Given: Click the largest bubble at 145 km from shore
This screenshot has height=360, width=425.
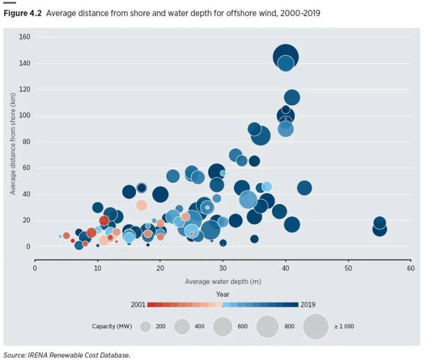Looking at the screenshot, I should pyautogui.click(x=286, y=56).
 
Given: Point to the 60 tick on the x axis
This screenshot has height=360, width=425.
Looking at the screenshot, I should pyautogui.click(x=411, y=269).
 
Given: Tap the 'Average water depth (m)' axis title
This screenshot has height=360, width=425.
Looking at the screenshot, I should pyautogui.click(x=223, y=281).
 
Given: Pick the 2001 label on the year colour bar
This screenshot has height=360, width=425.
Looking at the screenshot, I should pyautogui.click(x=138, y=305).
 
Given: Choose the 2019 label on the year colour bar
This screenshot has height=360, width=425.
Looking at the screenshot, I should pyautogui.click(x=308, y=305).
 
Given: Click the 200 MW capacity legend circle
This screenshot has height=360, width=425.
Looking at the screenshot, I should pyautogui.click(x=146, y=326).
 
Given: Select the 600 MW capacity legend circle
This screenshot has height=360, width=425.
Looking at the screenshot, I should pyautogui.click(x=222, y=326).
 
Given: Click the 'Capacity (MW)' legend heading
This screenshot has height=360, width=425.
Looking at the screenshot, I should pyautogui.click(x=111, y=326).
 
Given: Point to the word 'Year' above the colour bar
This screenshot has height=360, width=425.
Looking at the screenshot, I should pyautogui.click(x=223, y=294).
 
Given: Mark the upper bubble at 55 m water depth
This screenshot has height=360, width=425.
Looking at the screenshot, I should pyautogui.click(x=379, y=223).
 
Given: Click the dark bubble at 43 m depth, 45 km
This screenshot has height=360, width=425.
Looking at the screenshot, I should pyautogui.click(x=304, y=188).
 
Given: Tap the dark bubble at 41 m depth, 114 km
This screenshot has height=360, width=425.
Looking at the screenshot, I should pyautogui.click(x=292, y=97).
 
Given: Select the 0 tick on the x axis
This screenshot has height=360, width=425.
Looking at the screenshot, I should pyautogui.click(x=35, y=269).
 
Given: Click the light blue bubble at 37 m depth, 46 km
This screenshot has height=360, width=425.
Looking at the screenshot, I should pyautogui.click(x=267, y=187).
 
